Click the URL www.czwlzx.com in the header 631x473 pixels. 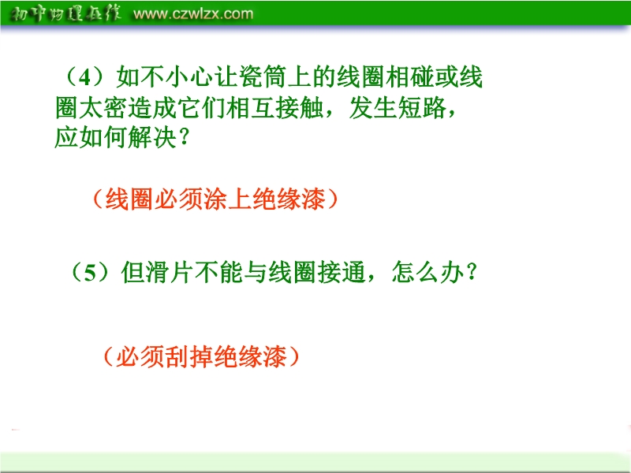[193, 14]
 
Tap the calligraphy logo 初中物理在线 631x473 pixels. [65, 14]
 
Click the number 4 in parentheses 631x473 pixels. [85, 77]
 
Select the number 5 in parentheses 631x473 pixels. [90, 273]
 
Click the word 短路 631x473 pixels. [421, 108]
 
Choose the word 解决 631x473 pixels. [152, 137]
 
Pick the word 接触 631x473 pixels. [299, 108]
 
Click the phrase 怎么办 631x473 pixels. [428, 272]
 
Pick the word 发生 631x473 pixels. [372, 108]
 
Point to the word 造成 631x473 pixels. [152, 108]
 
